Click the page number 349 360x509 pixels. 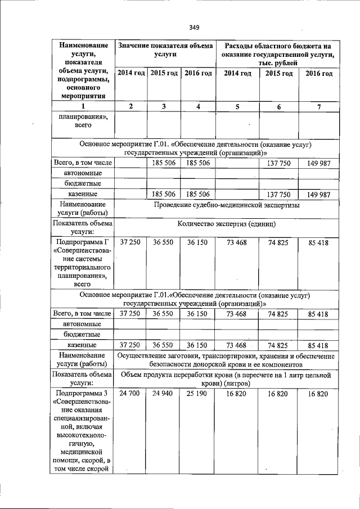point(195,27)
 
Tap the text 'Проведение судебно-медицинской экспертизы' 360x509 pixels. point(227,206)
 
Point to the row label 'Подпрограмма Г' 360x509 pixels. point(83,242)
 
